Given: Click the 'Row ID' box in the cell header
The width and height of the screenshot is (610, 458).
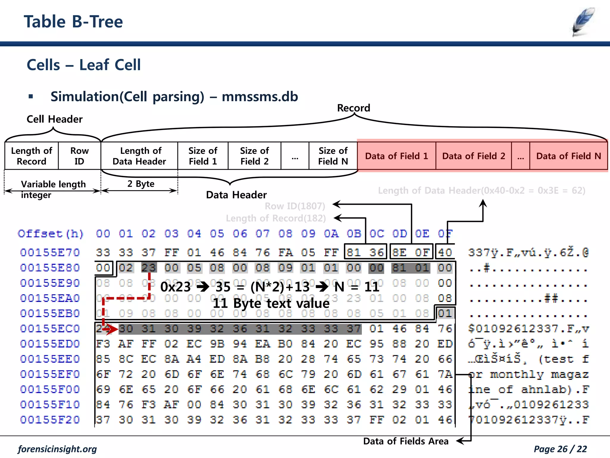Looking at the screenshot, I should click(x=79, y=156).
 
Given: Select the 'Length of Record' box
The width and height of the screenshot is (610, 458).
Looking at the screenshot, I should click(x=32, y=156).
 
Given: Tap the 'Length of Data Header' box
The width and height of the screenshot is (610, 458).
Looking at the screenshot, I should click(x=139, y=156).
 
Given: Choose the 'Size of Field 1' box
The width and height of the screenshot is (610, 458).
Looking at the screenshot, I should click(x=203, y=156).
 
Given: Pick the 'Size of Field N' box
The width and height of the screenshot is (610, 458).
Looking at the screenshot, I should click(x=333, y=156).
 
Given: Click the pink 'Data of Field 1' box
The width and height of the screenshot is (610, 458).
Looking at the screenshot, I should click(x=396, y=156).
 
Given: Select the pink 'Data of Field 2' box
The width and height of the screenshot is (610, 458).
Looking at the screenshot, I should click(x=474, y=156).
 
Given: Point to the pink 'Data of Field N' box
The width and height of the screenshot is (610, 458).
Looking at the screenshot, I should click(x=568, y=156).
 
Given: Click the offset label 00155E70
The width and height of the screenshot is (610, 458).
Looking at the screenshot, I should click(x=50, y=253).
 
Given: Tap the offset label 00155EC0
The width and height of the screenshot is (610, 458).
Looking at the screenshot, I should click(x=50, y=329).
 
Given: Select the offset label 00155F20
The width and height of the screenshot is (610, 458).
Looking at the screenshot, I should click(x=50, y=420).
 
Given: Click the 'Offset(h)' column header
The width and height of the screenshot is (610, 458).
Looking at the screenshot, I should click(x=51, y=234).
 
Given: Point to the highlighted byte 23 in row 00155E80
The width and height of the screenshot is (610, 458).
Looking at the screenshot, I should click(x=149, y=268).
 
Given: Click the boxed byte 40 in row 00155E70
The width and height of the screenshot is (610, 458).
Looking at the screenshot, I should click(x=445, y=253).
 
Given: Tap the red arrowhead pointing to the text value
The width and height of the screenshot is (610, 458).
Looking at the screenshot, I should click(x=113, y=329).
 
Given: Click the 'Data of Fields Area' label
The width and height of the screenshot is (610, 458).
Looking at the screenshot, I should click(x=406, y=441).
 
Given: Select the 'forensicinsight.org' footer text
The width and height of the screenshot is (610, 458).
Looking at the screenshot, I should click(x=57, y=449).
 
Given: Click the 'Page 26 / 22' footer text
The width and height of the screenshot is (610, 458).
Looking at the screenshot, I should click(x=560, y=449).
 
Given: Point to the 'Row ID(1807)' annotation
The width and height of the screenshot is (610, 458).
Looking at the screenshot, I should click(x=295, y=206).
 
